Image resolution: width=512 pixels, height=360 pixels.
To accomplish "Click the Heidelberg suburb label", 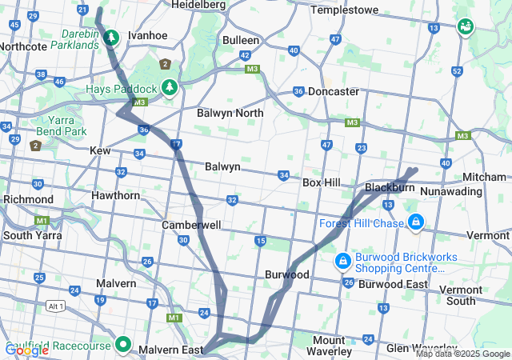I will coord(198,5).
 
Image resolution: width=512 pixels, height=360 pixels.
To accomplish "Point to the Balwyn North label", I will coord(230,113).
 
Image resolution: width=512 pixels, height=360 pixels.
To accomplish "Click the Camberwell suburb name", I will coord(191,226).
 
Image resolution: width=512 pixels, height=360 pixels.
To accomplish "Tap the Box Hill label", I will coord(322,182).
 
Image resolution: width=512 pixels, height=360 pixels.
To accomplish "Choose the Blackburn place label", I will coord(390,187).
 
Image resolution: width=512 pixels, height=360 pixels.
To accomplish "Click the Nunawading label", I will coord(451,191).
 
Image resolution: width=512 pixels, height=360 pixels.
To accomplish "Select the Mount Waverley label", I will coord(340,346).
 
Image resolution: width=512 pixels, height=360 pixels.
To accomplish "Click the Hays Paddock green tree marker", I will coord(169,86).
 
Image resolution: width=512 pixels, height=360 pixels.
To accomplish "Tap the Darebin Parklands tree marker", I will coord(111,37).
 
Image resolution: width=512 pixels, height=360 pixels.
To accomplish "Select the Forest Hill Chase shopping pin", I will coord(415,221).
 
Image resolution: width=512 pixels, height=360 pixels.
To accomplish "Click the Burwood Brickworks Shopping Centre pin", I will coord(342,261).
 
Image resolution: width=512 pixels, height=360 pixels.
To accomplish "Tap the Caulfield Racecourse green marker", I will coord(122,344).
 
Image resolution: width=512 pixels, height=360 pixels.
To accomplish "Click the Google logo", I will coord(26,350).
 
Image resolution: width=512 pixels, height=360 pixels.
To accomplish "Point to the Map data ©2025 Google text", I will coord(462,354).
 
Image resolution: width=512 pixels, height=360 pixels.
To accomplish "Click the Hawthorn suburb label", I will coord(116,195).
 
